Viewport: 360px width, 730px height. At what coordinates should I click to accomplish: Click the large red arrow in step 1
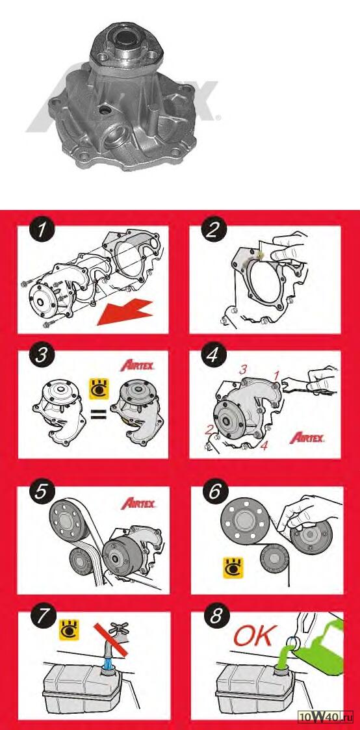point(125,312)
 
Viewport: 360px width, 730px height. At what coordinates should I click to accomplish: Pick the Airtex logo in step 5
point(138,504)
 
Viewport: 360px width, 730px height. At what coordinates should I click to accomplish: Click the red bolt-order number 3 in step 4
point(243,371)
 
